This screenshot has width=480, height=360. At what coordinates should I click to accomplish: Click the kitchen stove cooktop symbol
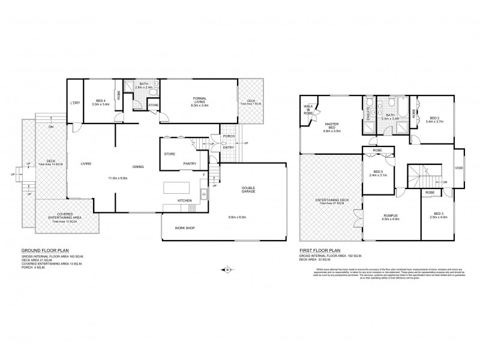[x=193, y=208]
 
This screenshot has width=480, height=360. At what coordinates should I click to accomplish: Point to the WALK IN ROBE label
[x=310, y=109]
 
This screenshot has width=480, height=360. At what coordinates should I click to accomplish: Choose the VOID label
[x=459, y=167]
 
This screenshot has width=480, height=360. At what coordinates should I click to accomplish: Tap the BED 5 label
[x=378, y=173]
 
